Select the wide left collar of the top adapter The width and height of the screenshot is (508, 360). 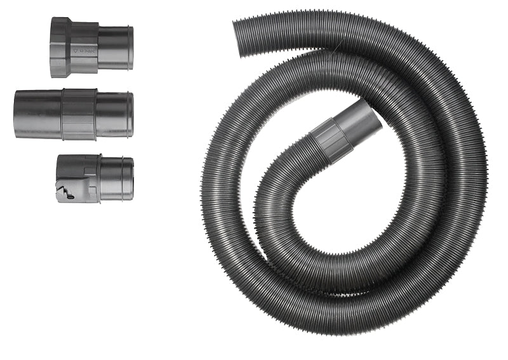coord(60,47)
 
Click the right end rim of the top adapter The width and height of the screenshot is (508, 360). coord(131,48)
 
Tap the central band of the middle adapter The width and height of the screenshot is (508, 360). coord(79,114)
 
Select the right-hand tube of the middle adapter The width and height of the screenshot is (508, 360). coord(112,114)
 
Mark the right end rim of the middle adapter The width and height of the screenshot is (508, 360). coord(131,115)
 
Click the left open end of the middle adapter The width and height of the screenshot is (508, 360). coord(16,114)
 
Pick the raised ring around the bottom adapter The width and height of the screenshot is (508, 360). coord(98,178)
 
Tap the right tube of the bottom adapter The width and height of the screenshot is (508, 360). coord(116,179)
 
